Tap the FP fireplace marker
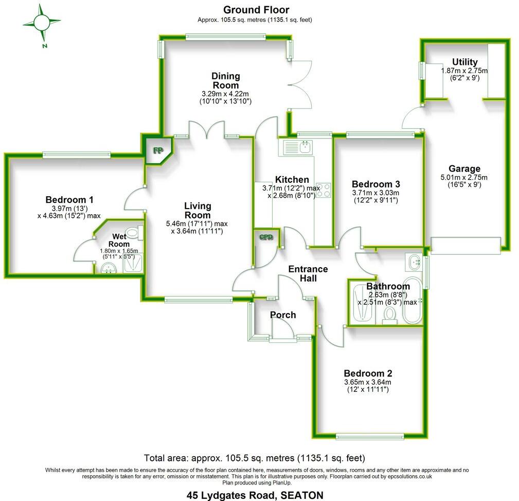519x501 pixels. pyautogui.click(x=156, y=151)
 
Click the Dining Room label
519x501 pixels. pyautogui.click(x=225, y=80)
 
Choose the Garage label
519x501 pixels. pyautogui.click(x=464, y=168)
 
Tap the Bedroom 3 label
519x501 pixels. pyautogui.click(x=375, y=184)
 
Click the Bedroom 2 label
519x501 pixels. pyautogui.click(x=368, y=373)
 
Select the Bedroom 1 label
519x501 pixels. pyautogui.click(x=69, y=200)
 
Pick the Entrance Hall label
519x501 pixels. pyautogui.click(x=308, y=273)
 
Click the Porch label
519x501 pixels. pyautogui.click(x=283, y=315)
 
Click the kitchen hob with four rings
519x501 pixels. pyautogui.click(x=323, y=189)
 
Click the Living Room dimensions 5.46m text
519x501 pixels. pyautogui.click(x=196, y=224)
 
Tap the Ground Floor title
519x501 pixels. pyautogui.click(x=256, y=10)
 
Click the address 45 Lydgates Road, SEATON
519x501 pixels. pyautogui.click(x=255, y=495)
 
